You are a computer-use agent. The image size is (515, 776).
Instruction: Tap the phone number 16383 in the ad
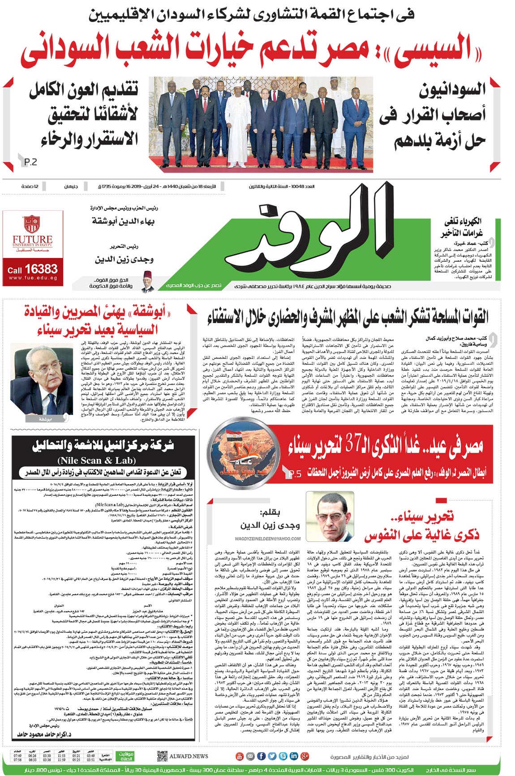point(41,269)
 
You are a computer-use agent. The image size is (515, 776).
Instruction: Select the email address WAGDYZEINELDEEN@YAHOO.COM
point(267,539)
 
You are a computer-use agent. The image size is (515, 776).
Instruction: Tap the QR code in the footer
point(162,756)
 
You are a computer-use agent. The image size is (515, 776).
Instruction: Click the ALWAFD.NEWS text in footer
point(189,756)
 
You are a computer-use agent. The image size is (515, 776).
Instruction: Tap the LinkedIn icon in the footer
point(294,756)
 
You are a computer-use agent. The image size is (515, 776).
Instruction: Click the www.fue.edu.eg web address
point(33,278)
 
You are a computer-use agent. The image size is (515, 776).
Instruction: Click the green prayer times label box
point(126,756)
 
